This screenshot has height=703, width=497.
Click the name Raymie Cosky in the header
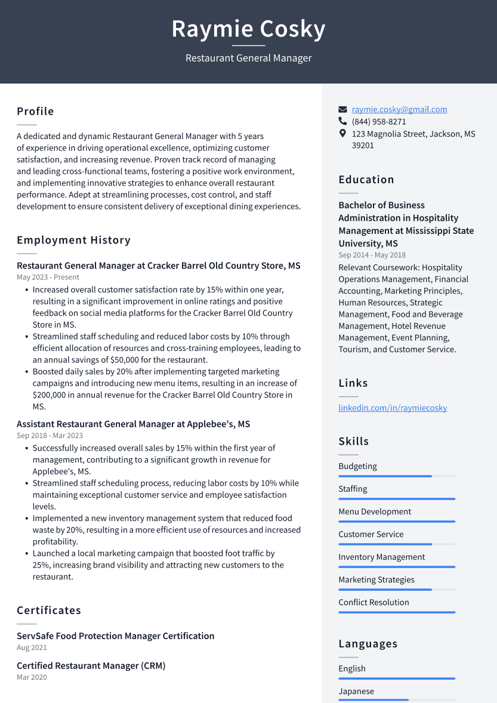tap(248, 29)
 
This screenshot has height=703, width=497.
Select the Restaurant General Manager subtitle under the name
tap(248, 58)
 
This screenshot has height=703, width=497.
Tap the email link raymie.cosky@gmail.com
tap(399, 109)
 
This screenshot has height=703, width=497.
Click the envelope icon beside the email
tap(342, 110)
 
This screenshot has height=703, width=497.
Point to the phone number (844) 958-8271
tap(379, 122)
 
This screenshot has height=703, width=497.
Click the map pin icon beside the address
tap(342, 134)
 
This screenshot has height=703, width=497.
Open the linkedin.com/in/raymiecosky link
tap(393, 408)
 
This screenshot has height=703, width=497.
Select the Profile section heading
tap(35, 112)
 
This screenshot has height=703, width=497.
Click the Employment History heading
tap(73, 240)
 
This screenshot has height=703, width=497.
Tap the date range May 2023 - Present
tap(48, 277)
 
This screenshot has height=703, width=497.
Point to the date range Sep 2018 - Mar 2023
tap(50, 436)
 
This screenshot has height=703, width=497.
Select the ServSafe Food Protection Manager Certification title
tap(115, 636)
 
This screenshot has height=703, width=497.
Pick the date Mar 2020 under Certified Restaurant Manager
tap(32, 677)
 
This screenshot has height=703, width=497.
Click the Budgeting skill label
tap(357, 467)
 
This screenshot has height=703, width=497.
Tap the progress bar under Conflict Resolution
tap(397, 612)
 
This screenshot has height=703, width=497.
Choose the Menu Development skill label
tap(375, 512)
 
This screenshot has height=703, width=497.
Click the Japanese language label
tap(356, 692)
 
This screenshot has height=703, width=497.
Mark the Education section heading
tap(366, 180)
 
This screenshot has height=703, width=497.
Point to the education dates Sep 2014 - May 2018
tap(372, 255)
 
